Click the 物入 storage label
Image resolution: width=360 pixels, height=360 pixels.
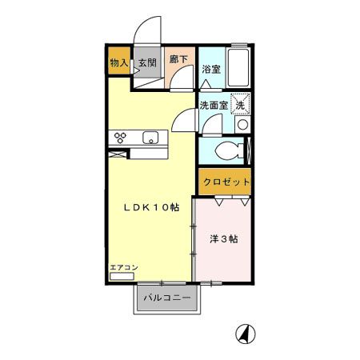tap(118, 62)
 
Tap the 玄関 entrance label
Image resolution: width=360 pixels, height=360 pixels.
tap(146, 62)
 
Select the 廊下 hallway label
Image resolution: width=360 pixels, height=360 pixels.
tap(179, 59)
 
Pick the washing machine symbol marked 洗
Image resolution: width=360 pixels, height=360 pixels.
tap(242, 104)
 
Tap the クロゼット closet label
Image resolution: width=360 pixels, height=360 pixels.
tap(226, 182)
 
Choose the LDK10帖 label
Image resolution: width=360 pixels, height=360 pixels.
tap(150, 207)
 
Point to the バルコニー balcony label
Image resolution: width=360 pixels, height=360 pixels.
tap(166, 298)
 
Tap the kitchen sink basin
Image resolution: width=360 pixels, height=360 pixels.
tap(150, 138)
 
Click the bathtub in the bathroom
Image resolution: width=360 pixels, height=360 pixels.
tap(238, 63)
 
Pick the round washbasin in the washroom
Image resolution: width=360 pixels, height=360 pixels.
tap(241, 126)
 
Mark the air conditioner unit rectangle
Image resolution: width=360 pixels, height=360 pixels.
tap(122, 276)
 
